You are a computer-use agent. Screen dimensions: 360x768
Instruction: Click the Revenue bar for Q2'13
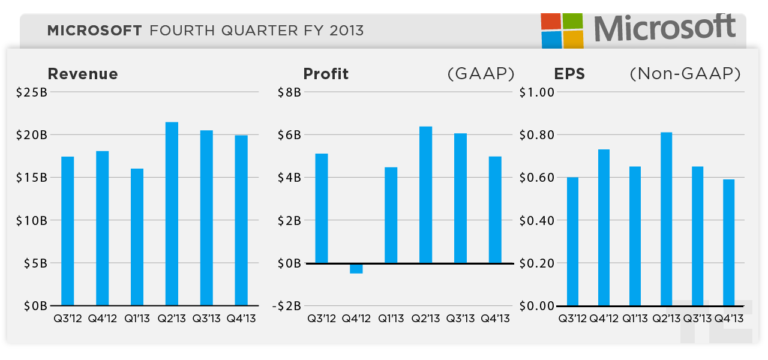[172, 214]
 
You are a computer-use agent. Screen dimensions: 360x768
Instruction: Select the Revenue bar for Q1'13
[137, 237]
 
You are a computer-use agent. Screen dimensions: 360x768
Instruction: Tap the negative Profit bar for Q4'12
[356, 268]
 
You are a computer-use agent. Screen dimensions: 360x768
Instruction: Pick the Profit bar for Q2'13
[425, 195]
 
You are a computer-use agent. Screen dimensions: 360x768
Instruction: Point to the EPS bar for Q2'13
[666, 219]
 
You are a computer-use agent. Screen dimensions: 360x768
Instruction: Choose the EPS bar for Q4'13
[728, 242]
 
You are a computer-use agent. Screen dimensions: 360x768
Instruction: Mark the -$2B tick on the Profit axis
[287, 306]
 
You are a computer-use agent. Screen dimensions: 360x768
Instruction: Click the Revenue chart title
[83, 74]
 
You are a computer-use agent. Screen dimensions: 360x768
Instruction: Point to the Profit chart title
[326, 74]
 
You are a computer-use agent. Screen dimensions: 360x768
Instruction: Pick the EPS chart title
[569, 74]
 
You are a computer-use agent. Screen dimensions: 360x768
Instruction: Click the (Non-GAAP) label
[685, 74]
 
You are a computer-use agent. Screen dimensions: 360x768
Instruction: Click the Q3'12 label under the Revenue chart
[67, 319]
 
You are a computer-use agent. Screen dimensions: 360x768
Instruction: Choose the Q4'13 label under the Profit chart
[496, 319]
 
